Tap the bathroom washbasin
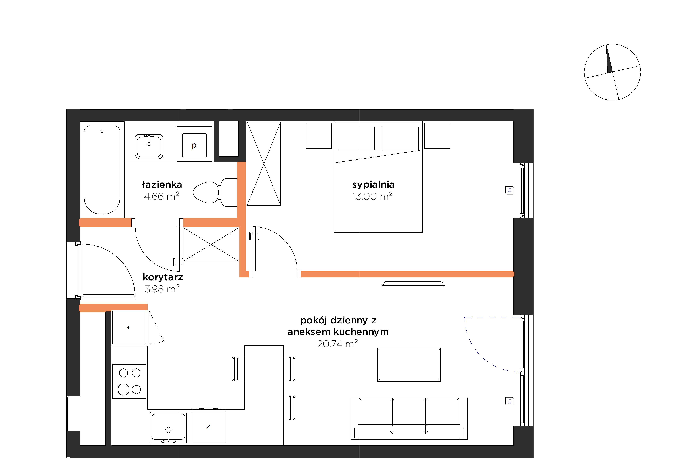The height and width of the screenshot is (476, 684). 149,146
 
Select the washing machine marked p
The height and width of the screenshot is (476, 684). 194,144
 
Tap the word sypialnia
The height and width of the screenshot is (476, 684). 373,185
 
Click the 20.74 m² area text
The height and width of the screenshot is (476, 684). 337,344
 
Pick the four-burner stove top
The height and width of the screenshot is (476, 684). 129,381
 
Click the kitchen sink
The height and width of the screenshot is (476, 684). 168,427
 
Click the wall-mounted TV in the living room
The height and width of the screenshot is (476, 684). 413,283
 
